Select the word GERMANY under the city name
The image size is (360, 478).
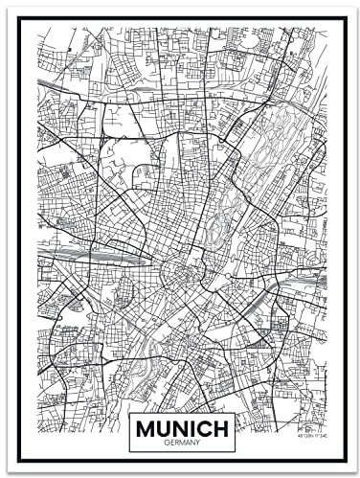(181, 444)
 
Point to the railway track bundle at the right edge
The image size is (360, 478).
(316, 287)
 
